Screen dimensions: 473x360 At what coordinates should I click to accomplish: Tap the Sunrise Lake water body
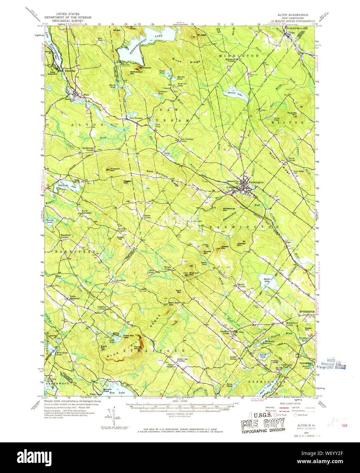(x=238, y=95)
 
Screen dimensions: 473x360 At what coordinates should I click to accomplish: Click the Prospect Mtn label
(x=114, y=169)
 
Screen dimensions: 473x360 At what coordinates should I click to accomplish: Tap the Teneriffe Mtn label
(x=292, y=115)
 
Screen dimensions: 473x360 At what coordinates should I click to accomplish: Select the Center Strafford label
(x=171, y=366)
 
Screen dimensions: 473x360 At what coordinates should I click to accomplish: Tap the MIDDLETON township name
(x=239, y=55)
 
